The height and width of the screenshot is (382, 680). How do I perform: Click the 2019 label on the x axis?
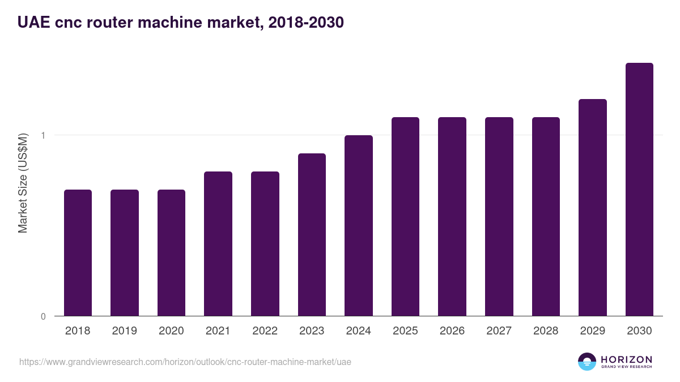pyautogui.click(x=124, y=331)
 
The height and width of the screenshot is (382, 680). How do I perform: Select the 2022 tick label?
pyautogui.click(x=265, y=331)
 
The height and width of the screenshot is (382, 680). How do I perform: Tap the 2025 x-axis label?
pyautogui.click(x=405, y=331)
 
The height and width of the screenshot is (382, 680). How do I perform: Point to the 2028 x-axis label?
pyautogui.click(x=546, y=331)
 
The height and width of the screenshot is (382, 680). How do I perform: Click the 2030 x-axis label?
pyautogui.click(x=639, y=331)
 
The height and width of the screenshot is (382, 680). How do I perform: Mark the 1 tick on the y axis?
pyautogui.click(x=42, y=135)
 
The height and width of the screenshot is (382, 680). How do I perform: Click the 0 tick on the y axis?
pyautogui.click(x=42, y=316)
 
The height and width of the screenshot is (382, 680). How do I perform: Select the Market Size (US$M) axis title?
pyautogui.click(x=23, y=183)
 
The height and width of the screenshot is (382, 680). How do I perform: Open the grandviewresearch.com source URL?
pyautogui.click(x=185, y=362)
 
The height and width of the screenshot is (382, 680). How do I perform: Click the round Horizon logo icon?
pyautogui.click(x=587, y=362)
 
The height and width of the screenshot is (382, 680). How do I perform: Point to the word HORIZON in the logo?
pyautogui.click(x=626, y=359)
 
